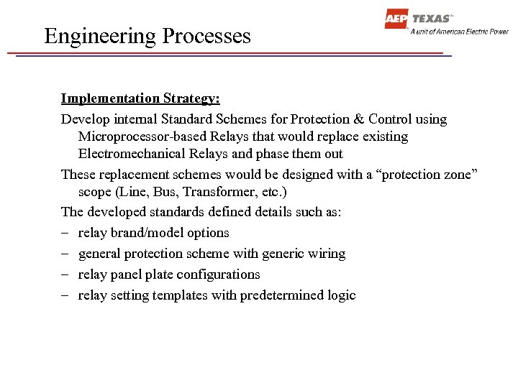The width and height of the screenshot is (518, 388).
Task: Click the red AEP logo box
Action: click(396, 19)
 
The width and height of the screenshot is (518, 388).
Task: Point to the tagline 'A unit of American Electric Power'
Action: click(459, 32)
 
